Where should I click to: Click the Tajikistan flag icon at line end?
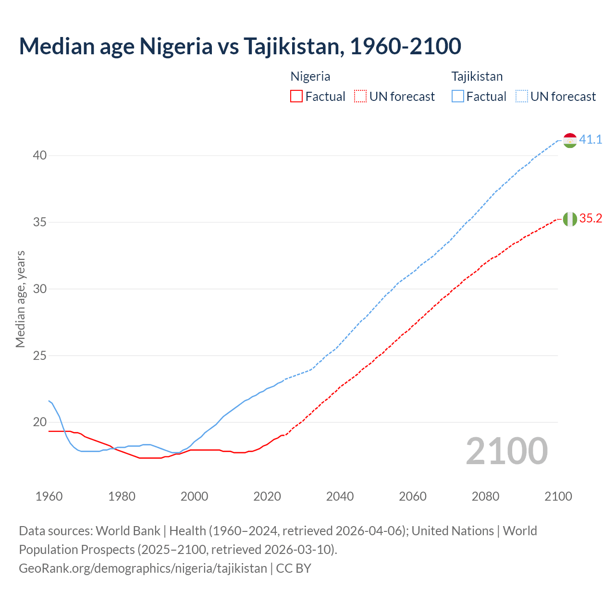[570, 140]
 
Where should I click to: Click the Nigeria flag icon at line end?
[570, 219]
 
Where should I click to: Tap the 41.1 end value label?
[590, 140]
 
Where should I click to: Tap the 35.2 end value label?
[590, 219]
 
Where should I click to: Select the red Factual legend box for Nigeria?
[296, 97]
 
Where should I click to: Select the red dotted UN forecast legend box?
[360, 97]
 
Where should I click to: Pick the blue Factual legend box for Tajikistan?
[458, 97]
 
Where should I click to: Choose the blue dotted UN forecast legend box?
[522, 97]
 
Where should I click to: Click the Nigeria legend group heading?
[310, 76]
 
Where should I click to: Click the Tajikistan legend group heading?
[477, 76]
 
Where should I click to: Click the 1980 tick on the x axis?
[122, 496]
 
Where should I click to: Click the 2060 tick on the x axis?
[413, 496]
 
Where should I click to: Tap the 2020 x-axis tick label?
[267, 496]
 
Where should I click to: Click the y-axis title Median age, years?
[20, 299]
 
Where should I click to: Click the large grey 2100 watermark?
[507, 451]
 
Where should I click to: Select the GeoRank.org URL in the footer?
[143, 568]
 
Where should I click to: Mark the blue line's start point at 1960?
[49, 401]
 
